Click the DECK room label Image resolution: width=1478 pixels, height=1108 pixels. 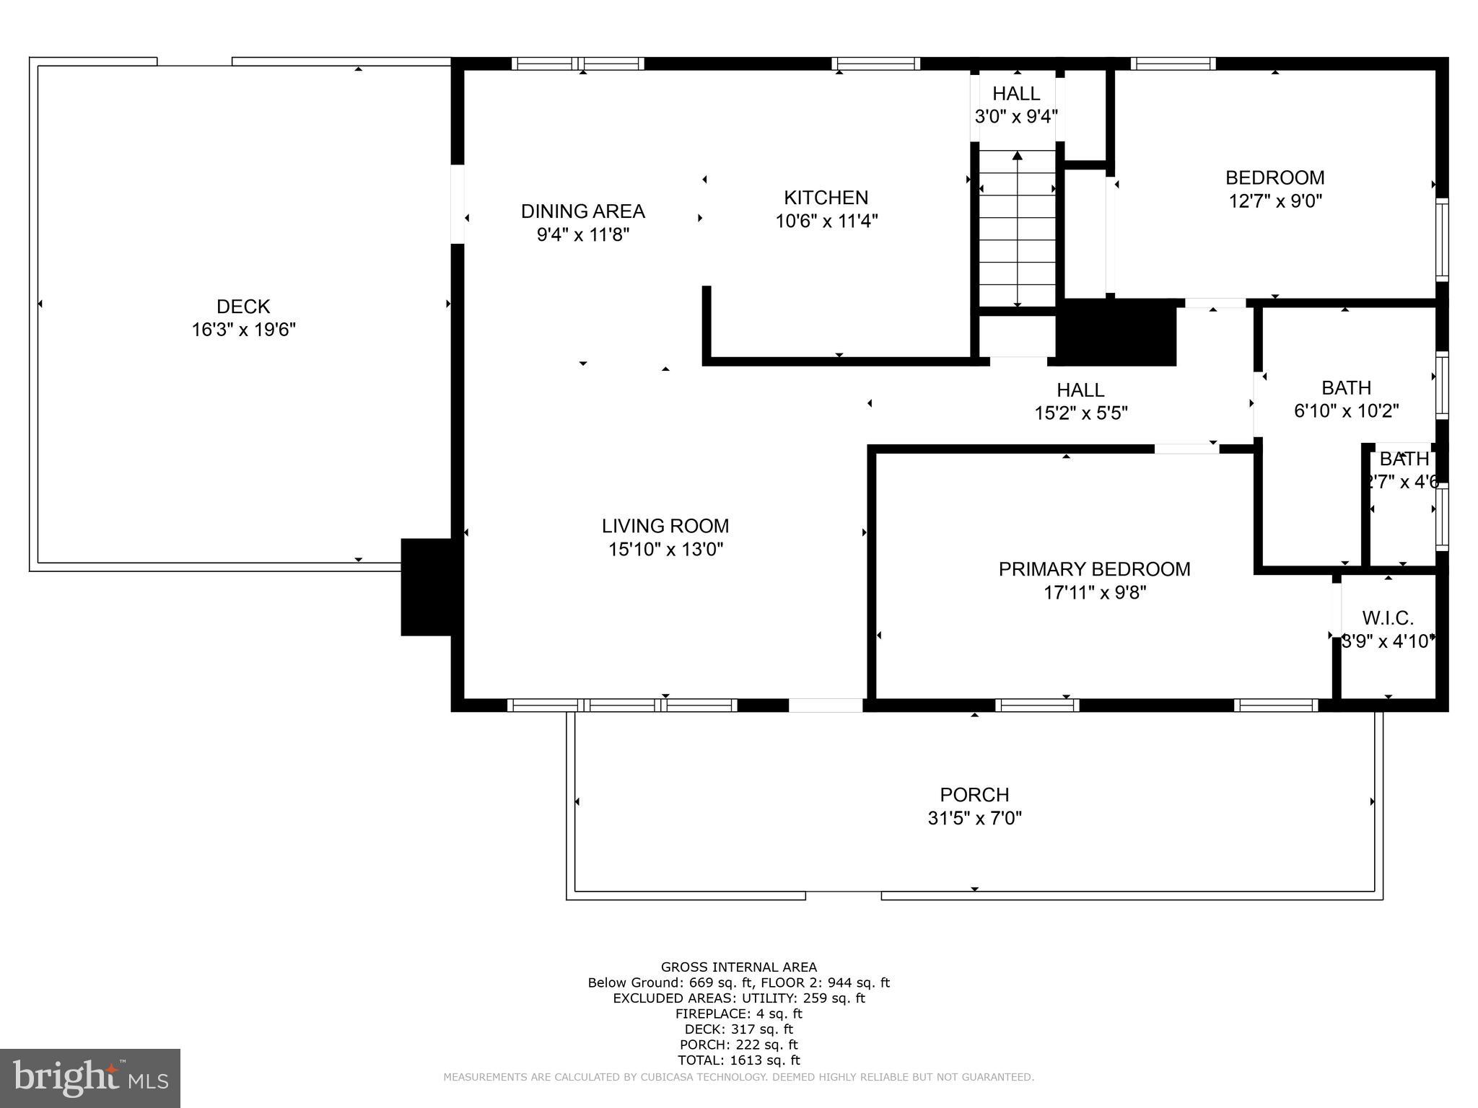click(243, 307)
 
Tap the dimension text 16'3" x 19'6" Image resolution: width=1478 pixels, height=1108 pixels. click(243, 330)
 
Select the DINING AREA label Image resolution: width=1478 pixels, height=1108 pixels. click(582, 211)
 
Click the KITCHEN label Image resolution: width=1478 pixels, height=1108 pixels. click(826, 198)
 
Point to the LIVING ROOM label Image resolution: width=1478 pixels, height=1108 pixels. click(665, 526)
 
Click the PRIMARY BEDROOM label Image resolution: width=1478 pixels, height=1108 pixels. click(1094, 569)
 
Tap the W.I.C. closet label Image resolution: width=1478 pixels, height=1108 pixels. click(1387, 618)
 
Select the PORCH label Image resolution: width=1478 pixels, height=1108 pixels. click(974, 795)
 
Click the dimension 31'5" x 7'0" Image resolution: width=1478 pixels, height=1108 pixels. click(974, 818)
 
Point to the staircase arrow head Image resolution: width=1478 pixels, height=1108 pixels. click(1017, 155)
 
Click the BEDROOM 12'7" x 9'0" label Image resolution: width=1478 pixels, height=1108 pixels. click(1274, 178)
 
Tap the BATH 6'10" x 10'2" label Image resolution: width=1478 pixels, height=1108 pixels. click(1346, 388)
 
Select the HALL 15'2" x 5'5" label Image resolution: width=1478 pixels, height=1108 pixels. click(1080, 390)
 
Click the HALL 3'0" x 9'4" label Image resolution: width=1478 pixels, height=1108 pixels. click(1016, 94)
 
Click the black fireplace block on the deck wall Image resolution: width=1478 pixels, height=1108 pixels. click(427, 586)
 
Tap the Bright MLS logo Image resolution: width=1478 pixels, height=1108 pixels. click(90, 1078)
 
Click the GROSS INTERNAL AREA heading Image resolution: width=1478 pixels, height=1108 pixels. click(738, 967)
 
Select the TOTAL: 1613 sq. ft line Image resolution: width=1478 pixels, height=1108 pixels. click(738, 1060)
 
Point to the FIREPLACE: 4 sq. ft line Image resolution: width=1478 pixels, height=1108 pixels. click(738, 1014)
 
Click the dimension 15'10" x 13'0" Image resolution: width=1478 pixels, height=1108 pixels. click(665, 550)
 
